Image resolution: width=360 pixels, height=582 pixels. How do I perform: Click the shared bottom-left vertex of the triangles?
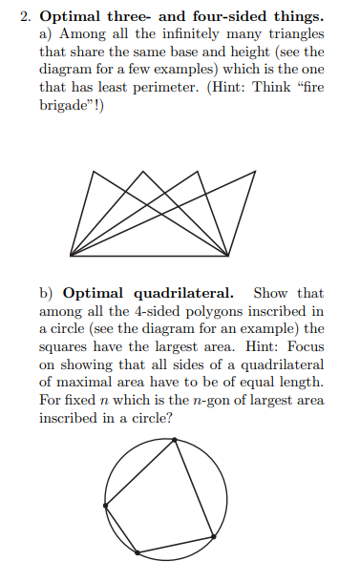tap(71, 255)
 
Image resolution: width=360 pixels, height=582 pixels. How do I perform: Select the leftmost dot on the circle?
tap(105, 505)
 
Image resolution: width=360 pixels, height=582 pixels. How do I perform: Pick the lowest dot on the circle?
tap(140, 553)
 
